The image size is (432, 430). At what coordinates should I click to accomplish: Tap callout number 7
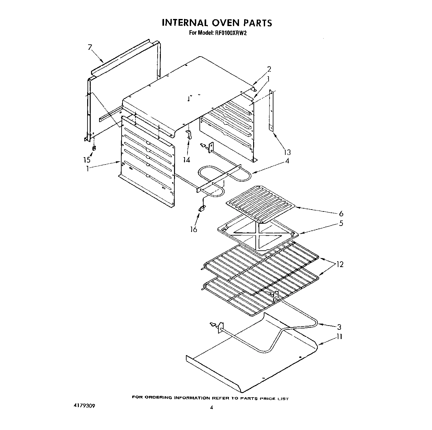[x=90, y=47]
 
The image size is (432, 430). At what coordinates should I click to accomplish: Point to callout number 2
[x=269, y=69]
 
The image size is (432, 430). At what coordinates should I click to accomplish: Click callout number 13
[x=287, y=152]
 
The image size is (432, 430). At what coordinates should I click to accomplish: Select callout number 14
[x=187, y=159]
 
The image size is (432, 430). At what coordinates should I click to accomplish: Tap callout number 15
[x=87, y=160]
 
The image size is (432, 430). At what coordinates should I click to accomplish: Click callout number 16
[x=193, y=229]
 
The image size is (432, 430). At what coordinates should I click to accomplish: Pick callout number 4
[x=287, y=161]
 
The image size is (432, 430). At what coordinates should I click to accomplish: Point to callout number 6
[x=341, y=213]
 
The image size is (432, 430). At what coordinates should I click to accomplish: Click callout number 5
[x=341, y=223]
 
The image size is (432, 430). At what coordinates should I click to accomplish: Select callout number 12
[x=340, y=264]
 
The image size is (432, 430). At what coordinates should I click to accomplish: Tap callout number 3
[x=339, y=327]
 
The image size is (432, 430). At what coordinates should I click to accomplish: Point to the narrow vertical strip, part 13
[x=271, y=111]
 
